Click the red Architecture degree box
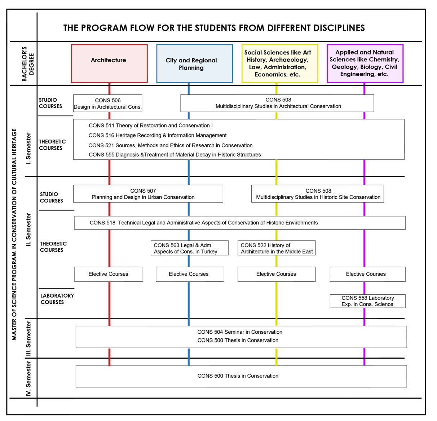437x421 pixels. coord(109,63)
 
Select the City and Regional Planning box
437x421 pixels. coord(194,63)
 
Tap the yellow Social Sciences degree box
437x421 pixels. coord(279,63)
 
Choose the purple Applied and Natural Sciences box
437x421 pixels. coord(365,63)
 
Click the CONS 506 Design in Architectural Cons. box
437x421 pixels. coord(107,104)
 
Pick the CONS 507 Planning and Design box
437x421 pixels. coord(148,194)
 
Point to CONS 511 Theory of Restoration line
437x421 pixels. coord(151,126)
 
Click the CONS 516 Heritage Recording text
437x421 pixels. coord(158,135)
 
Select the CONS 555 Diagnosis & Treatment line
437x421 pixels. coord(175,155)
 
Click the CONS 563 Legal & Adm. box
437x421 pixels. coord(189,248)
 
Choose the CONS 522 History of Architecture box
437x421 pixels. coord(276,248)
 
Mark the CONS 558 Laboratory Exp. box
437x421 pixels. coord(367,301)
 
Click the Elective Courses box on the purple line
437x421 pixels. coord(367,274)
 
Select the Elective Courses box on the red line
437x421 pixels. coord(109,274)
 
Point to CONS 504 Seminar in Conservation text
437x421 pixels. coord(240,332)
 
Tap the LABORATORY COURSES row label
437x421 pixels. coord(57,299)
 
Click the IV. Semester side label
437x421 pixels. coord(29,379)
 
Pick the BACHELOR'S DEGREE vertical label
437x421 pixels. coord(27,64)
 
